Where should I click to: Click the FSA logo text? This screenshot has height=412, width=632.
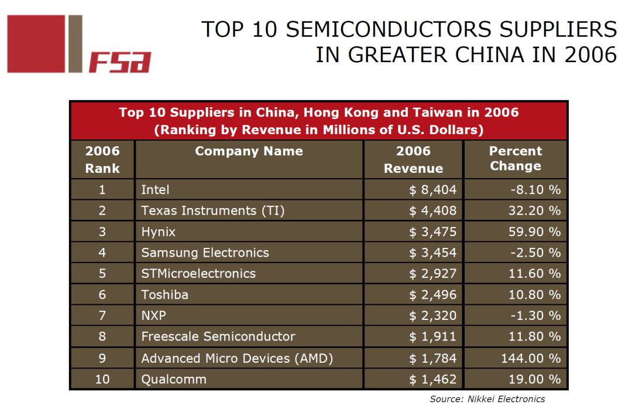[x=120, y=62]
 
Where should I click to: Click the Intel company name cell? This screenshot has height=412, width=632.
[x=155, y=189]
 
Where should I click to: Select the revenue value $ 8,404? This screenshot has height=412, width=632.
[x=432, y=189]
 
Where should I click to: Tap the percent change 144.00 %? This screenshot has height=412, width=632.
[x=530, y=358]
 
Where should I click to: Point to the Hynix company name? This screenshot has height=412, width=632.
[x=158, y=231]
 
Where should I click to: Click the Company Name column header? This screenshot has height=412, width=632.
[x=249, y=151]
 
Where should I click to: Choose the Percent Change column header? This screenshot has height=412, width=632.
[x=515, y=158]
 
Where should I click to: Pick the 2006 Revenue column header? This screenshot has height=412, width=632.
[x=413, y=159]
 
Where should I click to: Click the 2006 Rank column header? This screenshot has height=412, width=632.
[x=102, y=159]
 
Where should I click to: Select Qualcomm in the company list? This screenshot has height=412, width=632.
[x=174, y=379]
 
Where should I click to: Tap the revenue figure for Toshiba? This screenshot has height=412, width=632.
[x=432, y=295]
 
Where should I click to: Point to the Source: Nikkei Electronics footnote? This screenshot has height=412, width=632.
[x=487, y=399]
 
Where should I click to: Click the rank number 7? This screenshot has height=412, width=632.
[x=102, y=316]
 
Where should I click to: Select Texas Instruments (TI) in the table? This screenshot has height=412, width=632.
[x=212, y=210]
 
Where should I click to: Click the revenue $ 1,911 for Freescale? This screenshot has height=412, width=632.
[x=432, y=337]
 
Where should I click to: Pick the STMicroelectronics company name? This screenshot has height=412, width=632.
[x=198, y=274]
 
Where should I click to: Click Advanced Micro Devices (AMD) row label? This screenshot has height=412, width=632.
[x=237, y=358]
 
